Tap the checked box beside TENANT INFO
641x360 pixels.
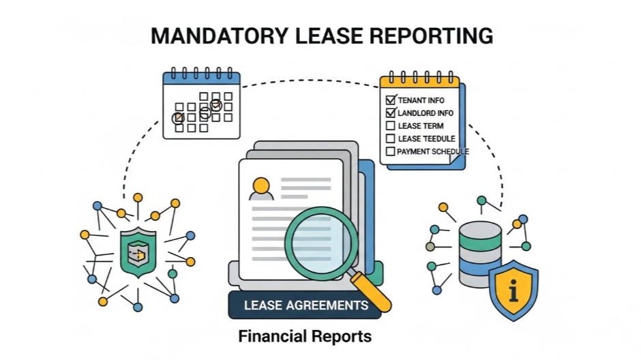[x=391, y=100]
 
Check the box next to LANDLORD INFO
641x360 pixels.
[x=391, y=112]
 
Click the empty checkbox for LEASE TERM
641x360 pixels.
[x=391, y=125]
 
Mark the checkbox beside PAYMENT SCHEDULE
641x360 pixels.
[x=391, y=151]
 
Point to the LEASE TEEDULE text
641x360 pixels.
[x=426, y=138]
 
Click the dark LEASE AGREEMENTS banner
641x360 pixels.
[x=305, y=305]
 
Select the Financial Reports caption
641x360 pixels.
[x=305, y=336]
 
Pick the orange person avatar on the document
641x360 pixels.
[x=260, y=187]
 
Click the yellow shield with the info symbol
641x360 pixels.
[x=513, y=289]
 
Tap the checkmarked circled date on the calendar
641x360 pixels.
[x=215, y=105]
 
